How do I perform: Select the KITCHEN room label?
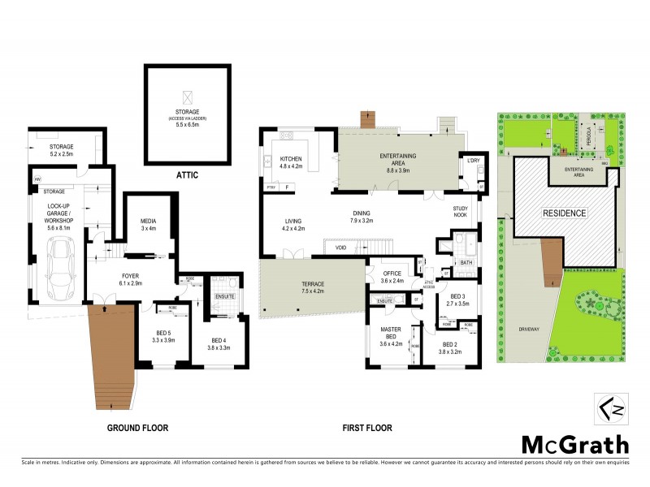point(291,158)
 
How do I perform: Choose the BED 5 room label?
point(163,334)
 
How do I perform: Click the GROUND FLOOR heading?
point(137,427)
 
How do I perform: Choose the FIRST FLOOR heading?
point(365,427)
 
